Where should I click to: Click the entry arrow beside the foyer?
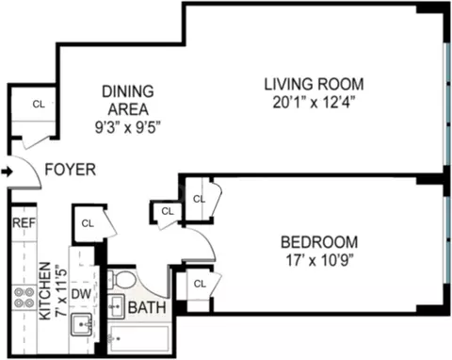point(7,172)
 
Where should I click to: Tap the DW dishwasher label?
point(83,294)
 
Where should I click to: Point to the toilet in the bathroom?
point(122,281)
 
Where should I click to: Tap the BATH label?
point(147,308)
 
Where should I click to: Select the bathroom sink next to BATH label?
point(116,306)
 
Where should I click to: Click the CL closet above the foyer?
point(39,104)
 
